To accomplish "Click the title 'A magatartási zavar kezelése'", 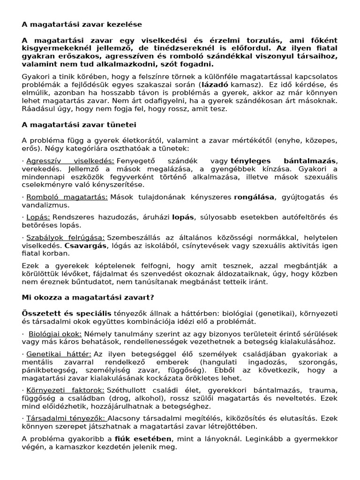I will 82,23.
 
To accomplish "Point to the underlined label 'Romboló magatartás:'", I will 67,197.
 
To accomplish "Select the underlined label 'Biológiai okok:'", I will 55,334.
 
